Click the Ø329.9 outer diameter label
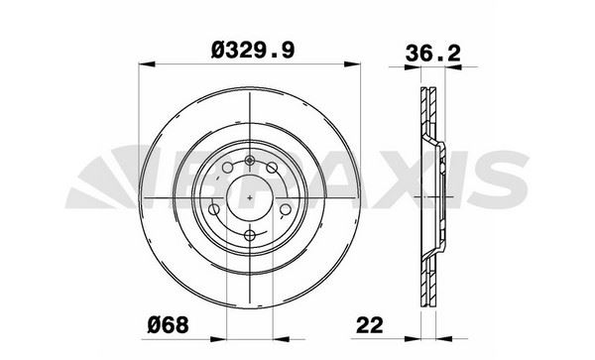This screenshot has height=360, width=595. pyautogui.click(x=253, y=51)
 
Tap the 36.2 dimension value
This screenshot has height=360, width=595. pyautogui.click(x=432, y=54)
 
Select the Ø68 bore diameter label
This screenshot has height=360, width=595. pyautogui.click(x=168, y=325)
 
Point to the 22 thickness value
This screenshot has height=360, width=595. pyautogui.click(x=370, y=325)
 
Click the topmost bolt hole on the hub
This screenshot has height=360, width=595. pyautogui.click(x=249, y=161)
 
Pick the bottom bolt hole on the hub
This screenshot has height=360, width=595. pyautogui.click(x=249, y=235)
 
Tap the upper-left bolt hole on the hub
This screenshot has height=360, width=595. pyautogui.click(x=227, y=168)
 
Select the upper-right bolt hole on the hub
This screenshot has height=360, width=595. pyautogui.click(x=272, y=168)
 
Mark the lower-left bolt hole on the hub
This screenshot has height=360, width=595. pyautogui.click(x=214, y=209)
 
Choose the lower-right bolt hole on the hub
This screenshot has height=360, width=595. pyautogui.click(x=285, y=209)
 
